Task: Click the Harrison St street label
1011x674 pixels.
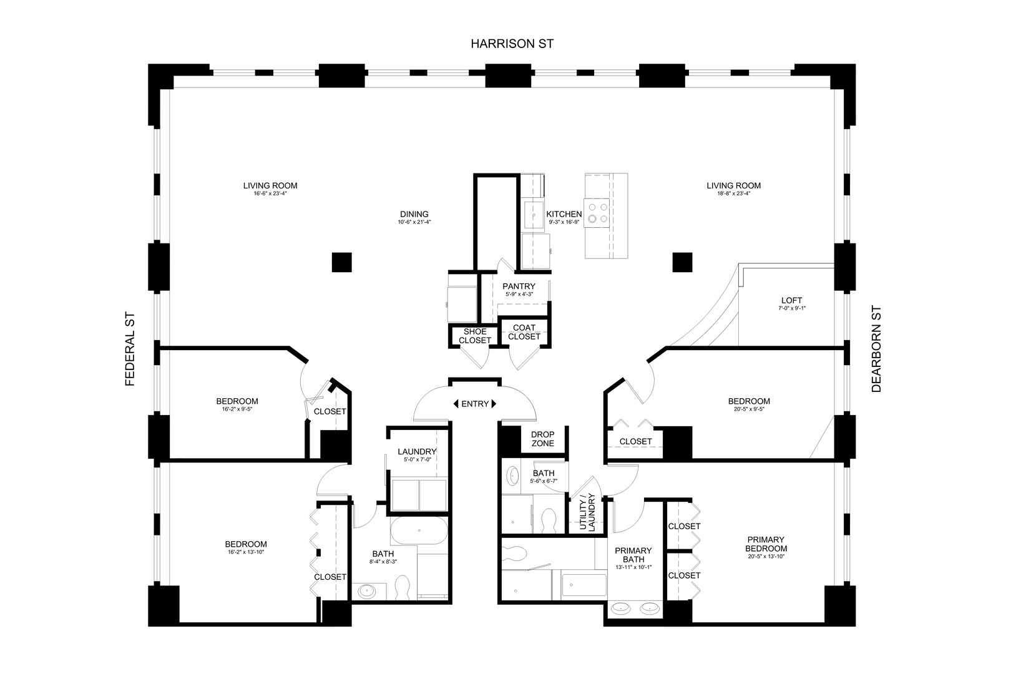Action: click(512, 44)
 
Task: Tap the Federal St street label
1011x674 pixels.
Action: click(130, 349)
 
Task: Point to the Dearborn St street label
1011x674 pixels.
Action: click(876, 349)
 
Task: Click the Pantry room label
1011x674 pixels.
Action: click(519, 286)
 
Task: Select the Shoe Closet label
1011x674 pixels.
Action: click(475, 336)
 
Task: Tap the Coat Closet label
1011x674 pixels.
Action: click(524, 332)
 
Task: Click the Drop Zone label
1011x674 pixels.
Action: click(542, 439)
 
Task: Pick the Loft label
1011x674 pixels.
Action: click(792, 300)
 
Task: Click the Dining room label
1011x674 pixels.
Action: click(414, 214)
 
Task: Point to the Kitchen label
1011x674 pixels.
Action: click(564, 214)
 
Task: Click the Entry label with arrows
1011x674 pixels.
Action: click(475, 404)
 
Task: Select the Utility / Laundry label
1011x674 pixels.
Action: click(587, 512)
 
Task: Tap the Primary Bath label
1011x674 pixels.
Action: click(633, 555)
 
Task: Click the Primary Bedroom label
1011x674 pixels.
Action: click(766, 544)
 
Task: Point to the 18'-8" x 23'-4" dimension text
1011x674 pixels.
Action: click(733, 193)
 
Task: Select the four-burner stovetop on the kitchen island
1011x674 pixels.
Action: click(597, 213)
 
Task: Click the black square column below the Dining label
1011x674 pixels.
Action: click(341, 262)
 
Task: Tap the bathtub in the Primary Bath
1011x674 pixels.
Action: click(584, 585)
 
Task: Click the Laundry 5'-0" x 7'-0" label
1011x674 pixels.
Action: click(417, 454)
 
